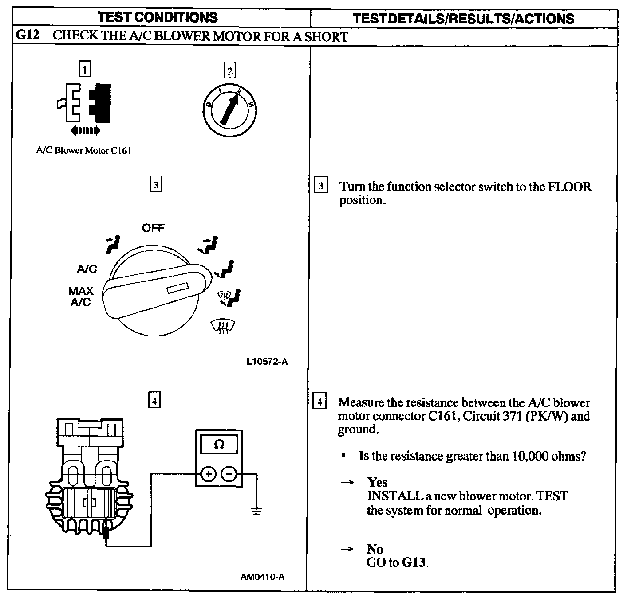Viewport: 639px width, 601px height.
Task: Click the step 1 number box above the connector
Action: (x=84, y=69)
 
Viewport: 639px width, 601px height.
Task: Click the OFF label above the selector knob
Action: (x=153, y=228)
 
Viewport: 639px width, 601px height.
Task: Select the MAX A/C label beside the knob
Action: (x=81, y=297)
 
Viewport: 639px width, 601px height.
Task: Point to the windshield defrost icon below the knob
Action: (x=223, y=327)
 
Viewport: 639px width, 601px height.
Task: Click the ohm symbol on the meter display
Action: (x=219, y=444)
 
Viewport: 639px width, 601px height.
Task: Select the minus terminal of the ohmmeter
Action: (x=229, y=474)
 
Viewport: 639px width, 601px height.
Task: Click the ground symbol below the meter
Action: (x=256, y=511)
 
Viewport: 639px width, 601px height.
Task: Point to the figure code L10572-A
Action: (x=267, y=362)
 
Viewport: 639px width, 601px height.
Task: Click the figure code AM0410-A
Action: (x=263, y=577)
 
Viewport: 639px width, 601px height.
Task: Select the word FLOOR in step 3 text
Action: (x=570, y=187)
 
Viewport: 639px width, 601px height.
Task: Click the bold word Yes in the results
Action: (x=377, y=482)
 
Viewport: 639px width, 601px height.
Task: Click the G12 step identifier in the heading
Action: (x=28, y=35)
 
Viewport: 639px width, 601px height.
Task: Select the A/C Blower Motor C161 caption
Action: (x=83, y=151)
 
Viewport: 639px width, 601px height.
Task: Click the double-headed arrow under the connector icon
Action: (x=85, y=130)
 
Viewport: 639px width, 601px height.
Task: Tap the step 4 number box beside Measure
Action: (x=320, y=402)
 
